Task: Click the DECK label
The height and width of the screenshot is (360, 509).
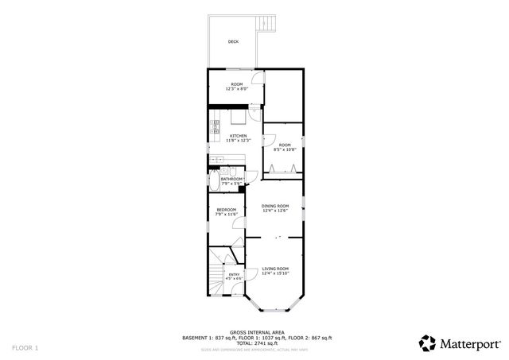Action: (x=233, y=41)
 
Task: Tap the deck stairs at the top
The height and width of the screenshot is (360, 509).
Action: (x=268, y=25)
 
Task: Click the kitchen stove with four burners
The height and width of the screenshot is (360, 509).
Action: (x=215, y=124)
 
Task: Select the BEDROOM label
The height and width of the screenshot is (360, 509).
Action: (x=227, y=210)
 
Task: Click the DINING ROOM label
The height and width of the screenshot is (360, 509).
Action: (x=275, y=207)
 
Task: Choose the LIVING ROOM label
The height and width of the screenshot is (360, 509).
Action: (x=275, y=269)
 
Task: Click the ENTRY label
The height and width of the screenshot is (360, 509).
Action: (x=234, y=274)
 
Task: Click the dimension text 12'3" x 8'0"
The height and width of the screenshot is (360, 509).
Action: (x=237, y=89)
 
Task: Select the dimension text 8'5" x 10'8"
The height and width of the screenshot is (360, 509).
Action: (x=285, y=149)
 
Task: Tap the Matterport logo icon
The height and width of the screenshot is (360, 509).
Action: (x=427, y=343)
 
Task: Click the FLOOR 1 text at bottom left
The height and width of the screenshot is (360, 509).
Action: (x=25, y=348)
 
